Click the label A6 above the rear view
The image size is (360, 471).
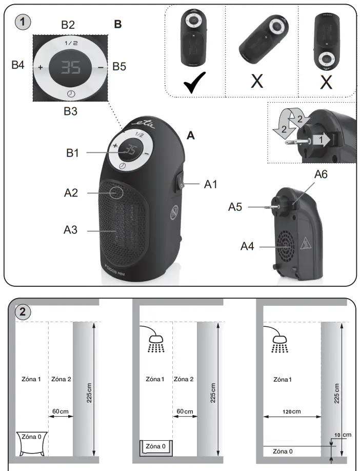(320, 174)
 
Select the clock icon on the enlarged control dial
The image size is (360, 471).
(70, 93)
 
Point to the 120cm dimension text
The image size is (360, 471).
(291, 411)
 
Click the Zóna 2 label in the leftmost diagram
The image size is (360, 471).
(62, 379)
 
